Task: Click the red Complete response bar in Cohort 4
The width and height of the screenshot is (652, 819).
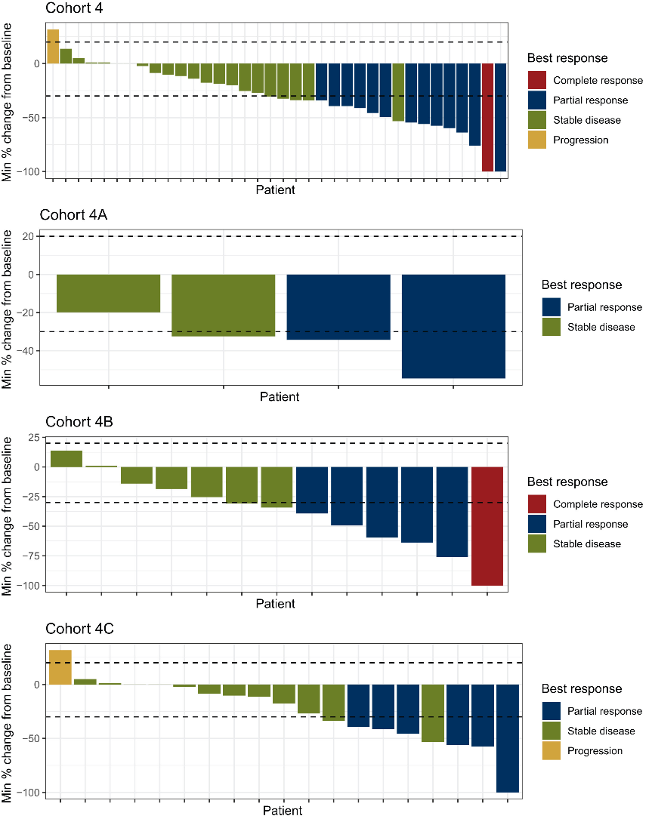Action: pyautogui.click(x=487, y=117)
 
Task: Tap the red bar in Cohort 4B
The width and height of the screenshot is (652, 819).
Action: pyautogui.click(x=487, y=526)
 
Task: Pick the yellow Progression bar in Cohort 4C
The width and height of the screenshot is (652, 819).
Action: pyautogui.click(x=60, y=667)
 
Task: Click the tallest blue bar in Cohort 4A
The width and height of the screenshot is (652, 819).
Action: pyautogui.click(x=453, y=326)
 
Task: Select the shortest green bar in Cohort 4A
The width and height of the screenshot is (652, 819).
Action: pyautogui.click(x=109, y=294)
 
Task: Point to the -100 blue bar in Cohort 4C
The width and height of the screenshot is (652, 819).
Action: pyautogui.click(x=508, y=737)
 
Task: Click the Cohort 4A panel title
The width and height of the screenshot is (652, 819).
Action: pyautogui.click(x=76, y=215)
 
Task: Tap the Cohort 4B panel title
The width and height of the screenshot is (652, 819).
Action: pyautogui.click(x=76, y=421)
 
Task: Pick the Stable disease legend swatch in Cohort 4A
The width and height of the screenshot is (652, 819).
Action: pyautogui.click(x=552, y=327)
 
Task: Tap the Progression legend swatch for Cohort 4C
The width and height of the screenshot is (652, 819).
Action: pyautogui.click(x=552, y=750)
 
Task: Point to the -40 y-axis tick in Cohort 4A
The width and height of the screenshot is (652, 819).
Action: pyautogui.click(x=32, y=351)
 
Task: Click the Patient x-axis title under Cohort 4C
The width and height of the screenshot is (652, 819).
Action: pyautogui.click(x=283, y=811)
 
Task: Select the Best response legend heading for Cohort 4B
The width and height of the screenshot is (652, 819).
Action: pyautogui.click(x=567, y=482)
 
